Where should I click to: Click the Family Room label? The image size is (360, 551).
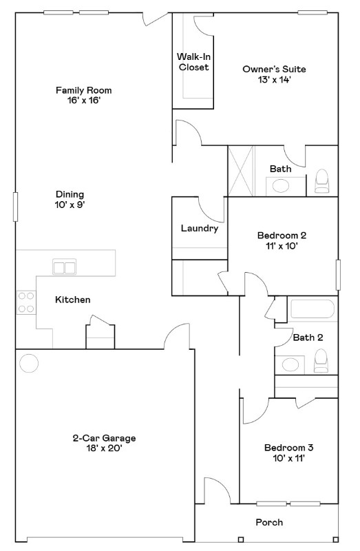(x=83, y=90)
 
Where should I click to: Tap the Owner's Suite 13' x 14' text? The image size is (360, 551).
(x=274, y=74)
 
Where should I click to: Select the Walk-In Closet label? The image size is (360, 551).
(x=193, y=61)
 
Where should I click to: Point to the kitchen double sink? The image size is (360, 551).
(x=65, y=267)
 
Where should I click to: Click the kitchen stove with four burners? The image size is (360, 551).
(x=26, y=302)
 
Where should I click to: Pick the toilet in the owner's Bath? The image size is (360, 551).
(x=322, y=180)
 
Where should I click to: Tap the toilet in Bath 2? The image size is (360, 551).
(x=321, y=360)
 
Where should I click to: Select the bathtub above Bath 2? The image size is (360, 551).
(x=313, y=310)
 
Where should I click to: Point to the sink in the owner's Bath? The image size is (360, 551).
(x=281, y=185)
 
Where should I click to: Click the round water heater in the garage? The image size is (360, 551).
(x=29, y=363)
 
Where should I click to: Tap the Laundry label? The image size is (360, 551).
(x=199, y=229)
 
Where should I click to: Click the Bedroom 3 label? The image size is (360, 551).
(x=284, y=448)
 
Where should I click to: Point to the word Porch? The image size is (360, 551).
(x=269, y=522)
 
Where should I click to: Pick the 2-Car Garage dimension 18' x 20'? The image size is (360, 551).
(x=104, y=448)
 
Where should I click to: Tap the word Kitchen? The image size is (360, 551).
(x=73, y=300)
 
